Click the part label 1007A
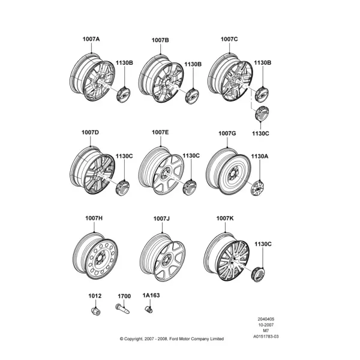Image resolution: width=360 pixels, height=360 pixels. [91, 39]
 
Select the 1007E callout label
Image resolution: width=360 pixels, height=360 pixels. [160, 132]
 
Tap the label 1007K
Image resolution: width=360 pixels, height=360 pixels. [225, 218]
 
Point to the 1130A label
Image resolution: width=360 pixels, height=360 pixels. [259, 157]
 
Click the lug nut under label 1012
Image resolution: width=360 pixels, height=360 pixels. [95, 311]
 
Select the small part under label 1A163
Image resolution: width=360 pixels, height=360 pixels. [149, 309]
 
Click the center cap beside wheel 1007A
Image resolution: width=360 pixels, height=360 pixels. [123, 94]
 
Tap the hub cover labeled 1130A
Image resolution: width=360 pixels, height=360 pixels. [257, 188]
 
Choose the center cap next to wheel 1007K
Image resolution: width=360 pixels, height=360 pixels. [258, 274]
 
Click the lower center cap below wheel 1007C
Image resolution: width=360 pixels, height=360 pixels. [262, 114]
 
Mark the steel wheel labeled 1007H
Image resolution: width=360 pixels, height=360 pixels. [95, 256]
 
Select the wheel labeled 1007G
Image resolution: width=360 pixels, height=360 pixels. [228, 171]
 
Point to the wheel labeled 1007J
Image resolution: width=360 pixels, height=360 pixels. [162, 257]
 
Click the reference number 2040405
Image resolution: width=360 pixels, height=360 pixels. [266, 319]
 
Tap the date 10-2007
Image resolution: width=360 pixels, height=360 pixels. [266, 325]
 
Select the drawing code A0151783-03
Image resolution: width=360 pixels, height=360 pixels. [266, 337]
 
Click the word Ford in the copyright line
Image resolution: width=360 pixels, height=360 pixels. [173, 339]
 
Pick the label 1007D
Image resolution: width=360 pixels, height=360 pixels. [90, 133]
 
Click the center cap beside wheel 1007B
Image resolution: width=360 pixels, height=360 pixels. [192, 96]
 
